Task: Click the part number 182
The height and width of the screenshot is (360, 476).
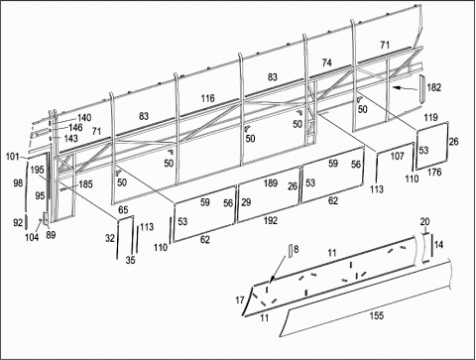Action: pos(434,87)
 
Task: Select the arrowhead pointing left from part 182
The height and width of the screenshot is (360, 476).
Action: pos(397,87)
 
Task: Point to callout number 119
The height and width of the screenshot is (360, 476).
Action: pos(431,117)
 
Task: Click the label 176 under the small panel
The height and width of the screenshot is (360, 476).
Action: pos(434,173)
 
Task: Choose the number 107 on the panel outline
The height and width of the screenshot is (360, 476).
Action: pos(397,156)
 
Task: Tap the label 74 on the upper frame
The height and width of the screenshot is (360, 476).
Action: pos(327,62)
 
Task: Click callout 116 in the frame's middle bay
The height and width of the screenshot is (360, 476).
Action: pos(207,98)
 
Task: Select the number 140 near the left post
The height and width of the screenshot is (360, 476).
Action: pos(84,118)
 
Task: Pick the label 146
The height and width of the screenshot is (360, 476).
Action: pos(75,127)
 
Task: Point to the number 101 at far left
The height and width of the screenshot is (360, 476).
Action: pos(13,156)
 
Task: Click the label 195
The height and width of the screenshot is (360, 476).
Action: pos(37,170)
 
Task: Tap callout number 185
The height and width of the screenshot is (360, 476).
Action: pos(85,184)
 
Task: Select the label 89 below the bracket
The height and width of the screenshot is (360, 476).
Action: pos(51,235)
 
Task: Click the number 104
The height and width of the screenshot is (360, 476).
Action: pos(32,237)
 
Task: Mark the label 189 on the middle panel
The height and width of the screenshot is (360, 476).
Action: pos(271,182)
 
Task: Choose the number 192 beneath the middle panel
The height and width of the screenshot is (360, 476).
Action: pos(271,220)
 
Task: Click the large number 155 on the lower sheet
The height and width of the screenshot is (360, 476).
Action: pos(377,315)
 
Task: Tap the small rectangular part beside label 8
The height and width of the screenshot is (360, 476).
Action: pos(291,251)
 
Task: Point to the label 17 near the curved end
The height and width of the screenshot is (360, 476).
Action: pos(240,300)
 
